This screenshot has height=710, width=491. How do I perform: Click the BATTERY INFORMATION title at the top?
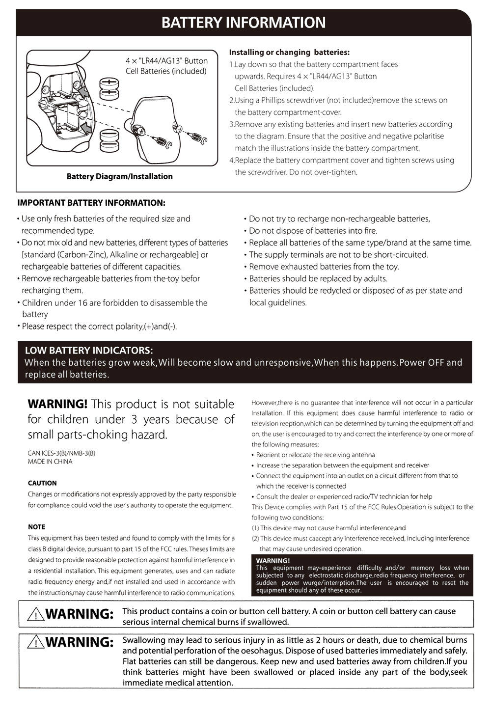pyautogui.click(x=244, y=23)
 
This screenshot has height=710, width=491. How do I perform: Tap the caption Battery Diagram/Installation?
pyautogui.click(x=119, y=176)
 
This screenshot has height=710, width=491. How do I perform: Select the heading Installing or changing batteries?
pyautogui.click(x=289, y=52)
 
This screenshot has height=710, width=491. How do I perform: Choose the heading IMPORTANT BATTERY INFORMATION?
pyautogui.click(x=91, y=203)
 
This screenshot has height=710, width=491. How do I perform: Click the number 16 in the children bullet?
pyautogui.click(x=82, y=302)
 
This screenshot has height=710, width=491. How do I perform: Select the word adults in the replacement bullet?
pyautogui.click(x=375, y=278)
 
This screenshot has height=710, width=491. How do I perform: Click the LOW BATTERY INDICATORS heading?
pyautogui.click(x=89, y=350)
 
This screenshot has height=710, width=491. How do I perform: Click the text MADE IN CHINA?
pyautogui.click(x=50, y=462)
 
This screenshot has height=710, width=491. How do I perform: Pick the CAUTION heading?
pyautogui.click(x=42, y=483)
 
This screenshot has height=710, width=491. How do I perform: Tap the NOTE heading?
pyautogui.click(x=36, y=527)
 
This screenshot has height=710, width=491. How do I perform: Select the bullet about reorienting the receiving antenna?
pyautogui.click(x=315, y=455)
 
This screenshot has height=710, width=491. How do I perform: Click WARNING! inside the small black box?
pyautogui.click(x=273, y=560)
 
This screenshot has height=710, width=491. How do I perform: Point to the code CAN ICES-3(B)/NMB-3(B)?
pyautogui.click(x=61, y=453)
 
